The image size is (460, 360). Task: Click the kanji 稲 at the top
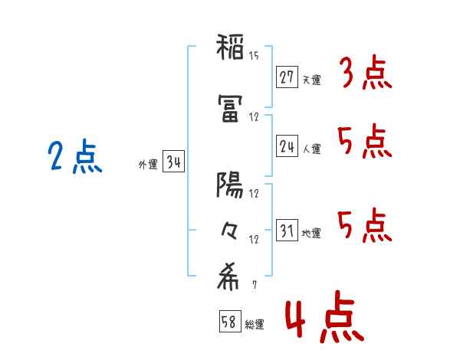pyautogui.click(x=230, y=47)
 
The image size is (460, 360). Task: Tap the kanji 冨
pyautogui.click(x=230, y=109)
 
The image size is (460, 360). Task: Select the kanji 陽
pyautogui.click(x=230, y=185)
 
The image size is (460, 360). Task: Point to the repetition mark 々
pyautogui.click(x=229, y=231)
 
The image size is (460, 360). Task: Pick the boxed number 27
pyautogui.click(x=287, y=77)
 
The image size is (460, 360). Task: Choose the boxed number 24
pyautogui.click(x=287, y=146)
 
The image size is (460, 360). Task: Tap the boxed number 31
pyautogui.click(x=287, y=230)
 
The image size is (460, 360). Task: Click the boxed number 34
pyautogui.click(x=173, y=161)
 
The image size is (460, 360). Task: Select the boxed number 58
pyautogui.click(x=230, y=321)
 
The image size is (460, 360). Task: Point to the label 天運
pyautogui.click(x=311, y=80)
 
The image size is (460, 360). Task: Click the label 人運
pyautogui.click(x=311, y=149)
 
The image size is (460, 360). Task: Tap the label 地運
pyautogui.click(x=311, y=233)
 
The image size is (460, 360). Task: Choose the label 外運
pyautogui.click(x=148, y=165)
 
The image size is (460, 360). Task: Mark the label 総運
pyautogui.click(x=255, y=325)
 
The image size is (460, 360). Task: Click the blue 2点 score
pyautogui.click(x=75, y=156)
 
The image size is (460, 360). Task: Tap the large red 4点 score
pyautogui.click(x=325, y=316)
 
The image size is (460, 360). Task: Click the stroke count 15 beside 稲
pyautogui.click(x=254, y=56)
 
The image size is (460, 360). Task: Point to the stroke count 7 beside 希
pyautogui.click(x=255, y=284)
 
